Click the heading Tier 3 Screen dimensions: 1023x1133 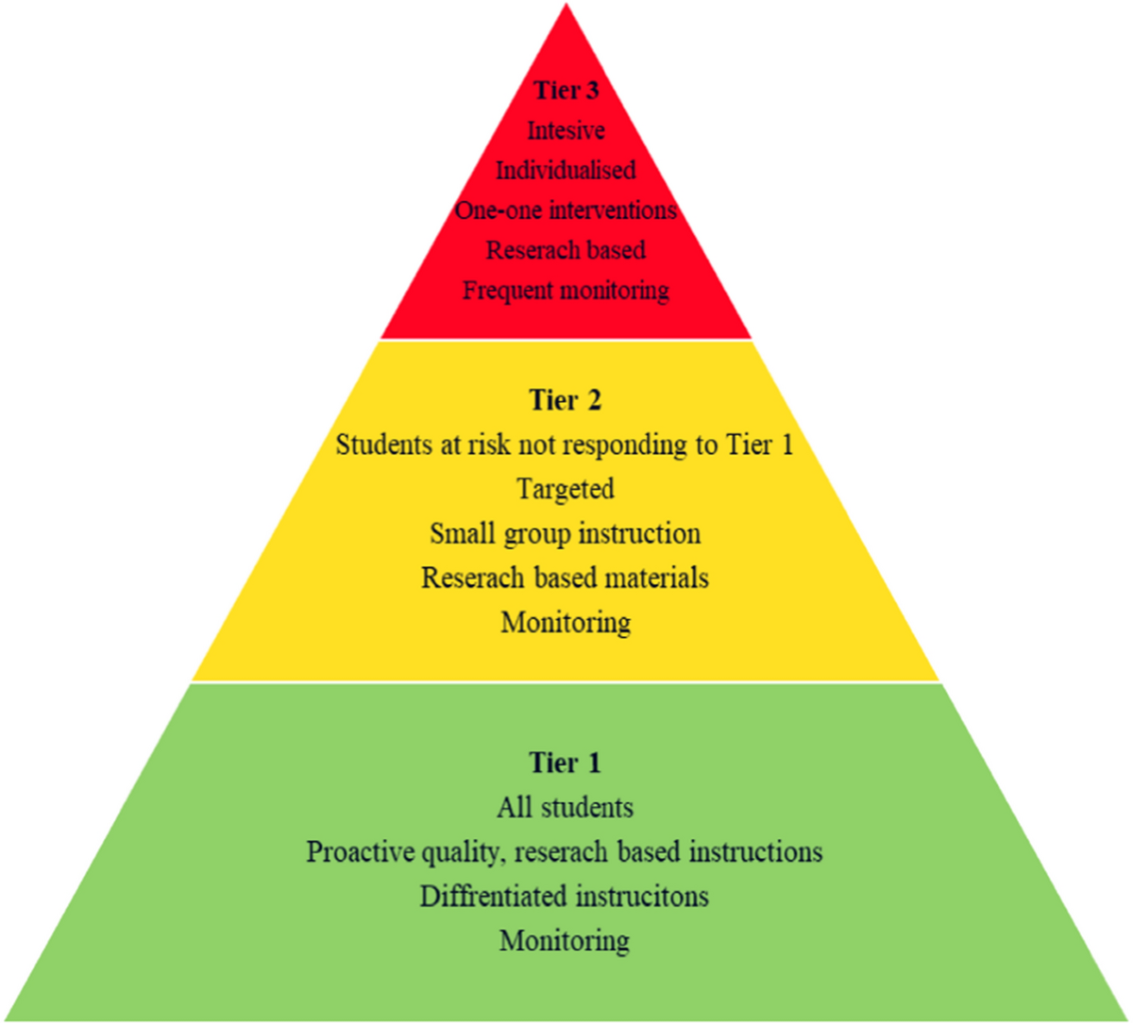[566, 91]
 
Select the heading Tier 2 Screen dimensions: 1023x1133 [566, 400]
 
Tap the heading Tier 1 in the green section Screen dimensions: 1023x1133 [566, 763]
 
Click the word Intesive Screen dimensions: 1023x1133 [566, 130]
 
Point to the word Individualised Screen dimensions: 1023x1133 [566, 171]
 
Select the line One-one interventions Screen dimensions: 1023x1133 [566, 210]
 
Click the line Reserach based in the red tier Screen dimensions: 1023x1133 [566, 250]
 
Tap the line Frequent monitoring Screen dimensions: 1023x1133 [566, 290]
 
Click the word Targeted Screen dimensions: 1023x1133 [566, 489]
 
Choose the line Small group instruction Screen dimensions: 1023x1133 [566, 533]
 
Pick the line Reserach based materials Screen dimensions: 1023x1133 [566, 578]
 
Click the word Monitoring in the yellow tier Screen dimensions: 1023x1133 [566, 622]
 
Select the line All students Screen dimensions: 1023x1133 [566, 808]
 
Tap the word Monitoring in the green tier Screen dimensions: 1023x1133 [566, 941]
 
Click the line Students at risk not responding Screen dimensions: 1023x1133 [566, 444]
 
